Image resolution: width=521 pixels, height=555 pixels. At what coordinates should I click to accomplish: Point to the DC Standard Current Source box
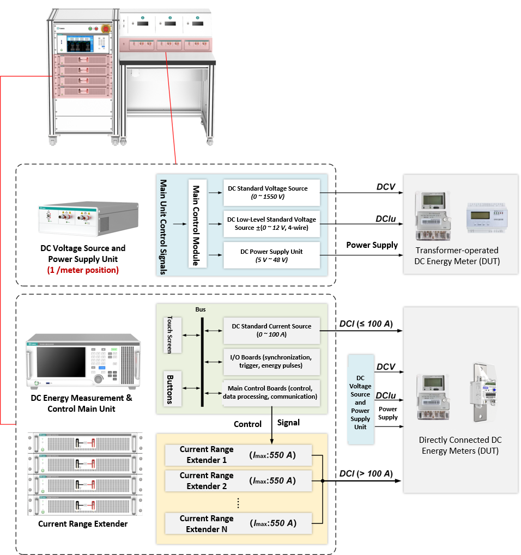[x=271, y=330]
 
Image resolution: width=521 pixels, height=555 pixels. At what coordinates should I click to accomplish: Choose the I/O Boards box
[x=271, y=361]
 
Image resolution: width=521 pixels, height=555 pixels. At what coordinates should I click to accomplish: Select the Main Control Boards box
[x=271, y=392]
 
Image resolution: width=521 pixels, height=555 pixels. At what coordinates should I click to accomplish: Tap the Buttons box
[x=171, y=388]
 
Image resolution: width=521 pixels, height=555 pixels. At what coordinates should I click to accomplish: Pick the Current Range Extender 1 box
[x=238, y=455]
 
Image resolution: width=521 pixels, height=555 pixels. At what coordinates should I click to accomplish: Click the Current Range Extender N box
[x=238, y=523]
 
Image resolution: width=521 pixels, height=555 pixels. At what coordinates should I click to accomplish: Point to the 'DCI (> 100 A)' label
[x=366, y=474]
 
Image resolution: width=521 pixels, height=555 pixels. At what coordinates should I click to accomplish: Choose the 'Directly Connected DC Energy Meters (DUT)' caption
[x=460, y=445]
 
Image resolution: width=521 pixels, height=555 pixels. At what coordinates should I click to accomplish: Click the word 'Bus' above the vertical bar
[x=201, y=309]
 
